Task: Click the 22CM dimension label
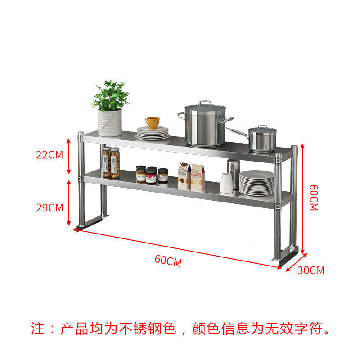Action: pos(49,155)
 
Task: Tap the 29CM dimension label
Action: pos(49,207)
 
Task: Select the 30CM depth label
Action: pos(310,270)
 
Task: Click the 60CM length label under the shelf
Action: pos(168,261)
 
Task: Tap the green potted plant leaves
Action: pos(110,95)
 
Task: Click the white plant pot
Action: pos(110,122)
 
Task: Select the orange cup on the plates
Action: pos(153,122)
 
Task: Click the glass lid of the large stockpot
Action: pos(205,108)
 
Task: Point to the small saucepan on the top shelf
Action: pos(262,139)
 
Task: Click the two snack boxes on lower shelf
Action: pos(191,176)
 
